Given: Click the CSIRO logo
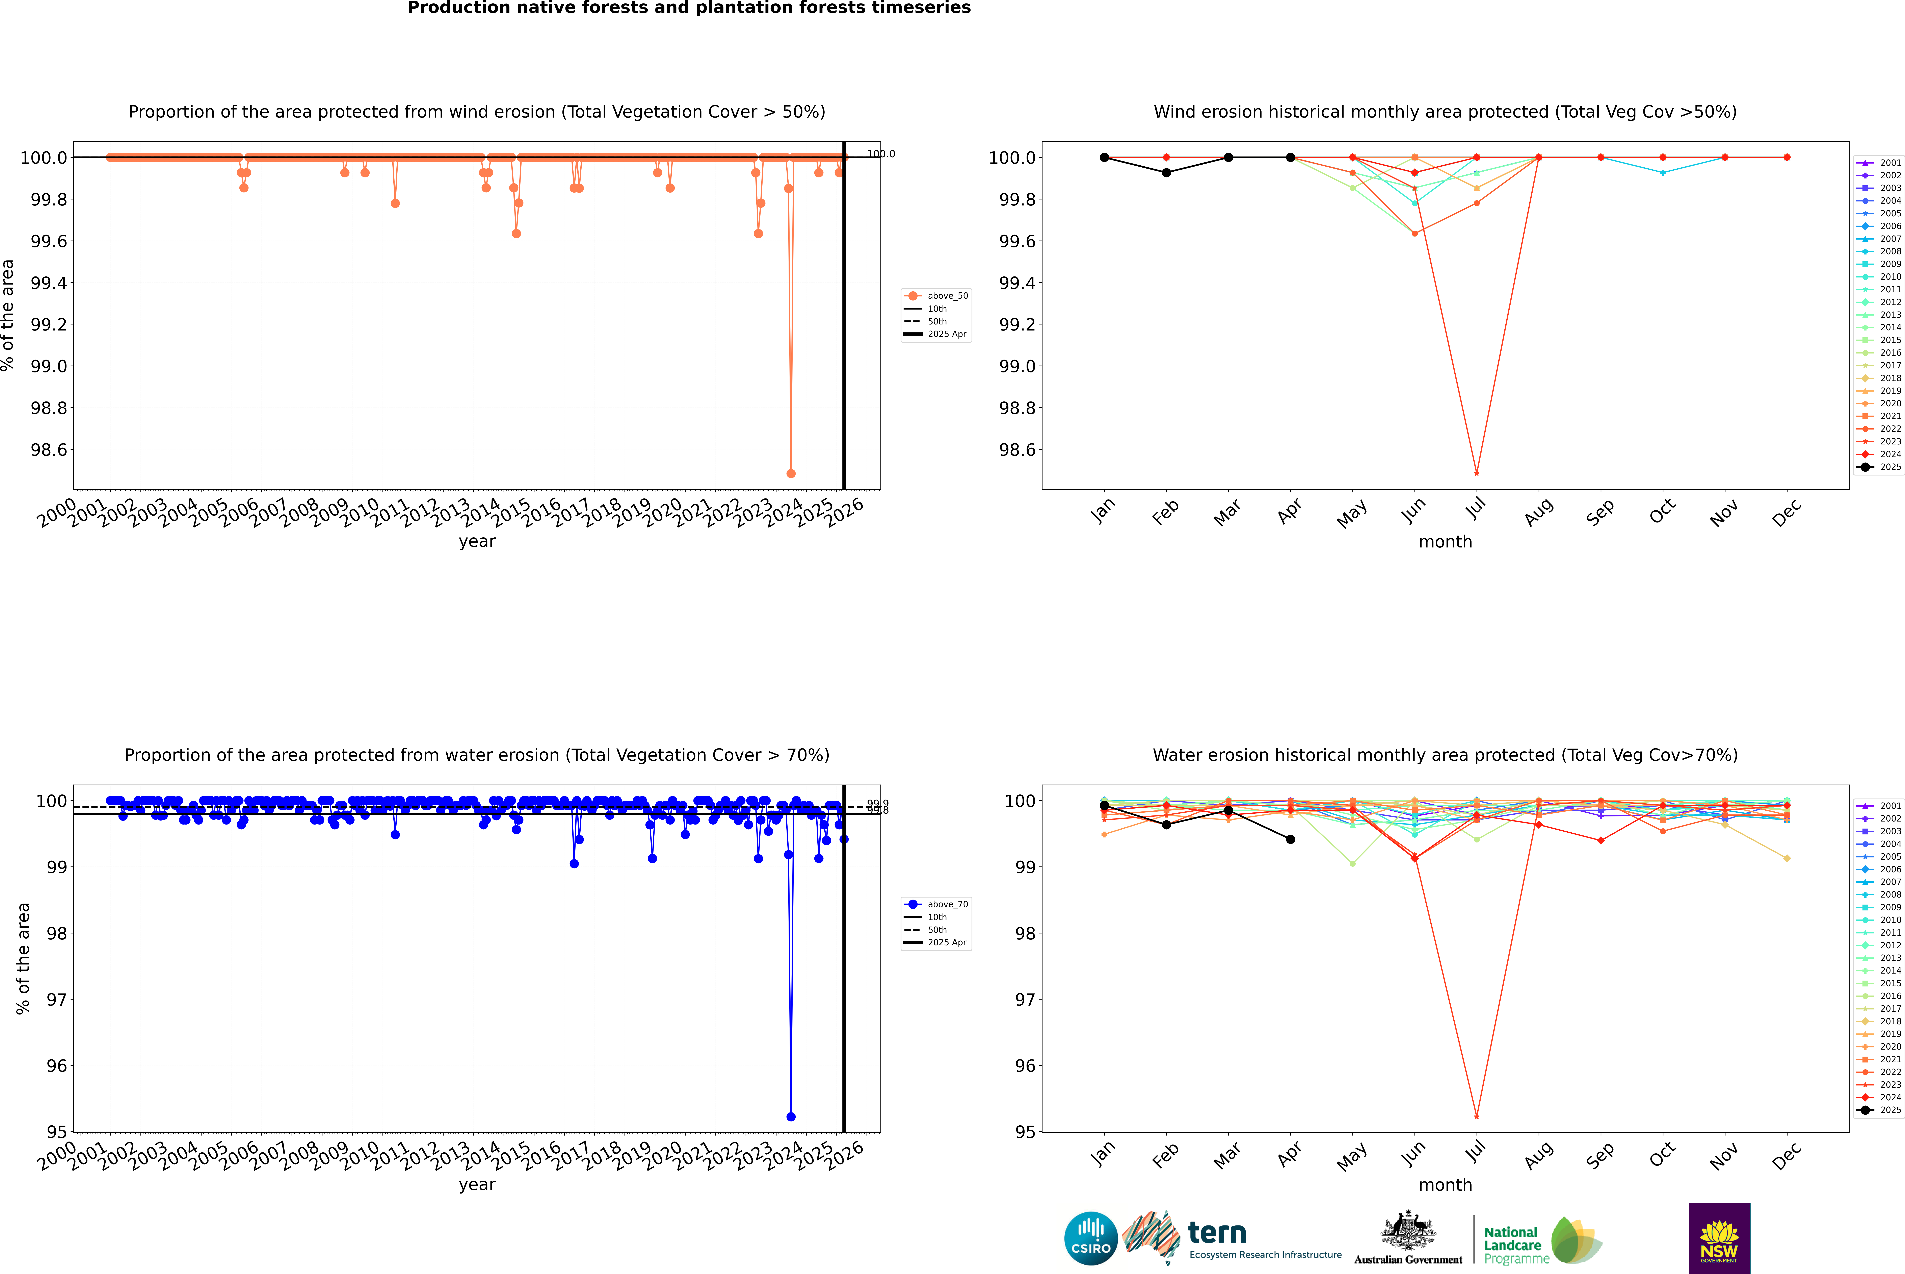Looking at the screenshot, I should point(1091,1238).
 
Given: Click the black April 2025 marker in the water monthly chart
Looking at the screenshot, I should point(1290,839).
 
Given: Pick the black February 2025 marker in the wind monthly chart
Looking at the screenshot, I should point(1166,172).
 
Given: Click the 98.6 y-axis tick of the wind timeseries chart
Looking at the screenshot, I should point(49,450).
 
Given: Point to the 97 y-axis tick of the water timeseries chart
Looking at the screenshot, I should point(57,999).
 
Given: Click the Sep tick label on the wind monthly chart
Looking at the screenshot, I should point(1600,512).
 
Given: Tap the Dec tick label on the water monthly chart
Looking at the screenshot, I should point(1787,1155).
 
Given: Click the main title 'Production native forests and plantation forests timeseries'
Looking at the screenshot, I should point(689,8).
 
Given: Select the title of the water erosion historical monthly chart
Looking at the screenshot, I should point(1445,755).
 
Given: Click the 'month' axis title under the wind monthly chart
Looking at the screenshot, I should point(1445,542).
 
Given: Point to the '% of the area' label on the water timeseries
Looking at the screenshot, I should point(23,959).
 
